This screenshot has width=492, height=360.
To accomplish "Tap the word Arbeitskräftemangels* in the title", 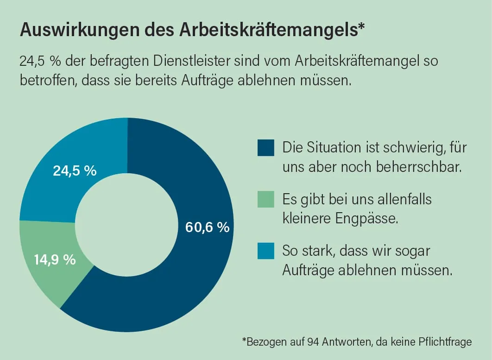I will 272,31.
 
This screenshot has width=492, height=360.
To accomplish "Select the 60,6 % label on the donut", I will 207,227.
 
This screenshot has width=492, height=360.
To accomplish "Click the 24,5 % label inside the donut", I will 75,171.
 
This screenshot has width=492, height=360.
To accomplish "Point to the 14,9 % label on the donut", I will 55,259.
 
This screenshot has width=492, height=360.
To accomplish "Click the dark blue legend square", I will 266,148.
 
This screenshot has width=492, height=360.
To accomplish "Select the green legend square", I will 266,199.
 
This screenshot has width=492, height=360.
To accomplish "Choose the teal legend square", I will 266,251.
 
